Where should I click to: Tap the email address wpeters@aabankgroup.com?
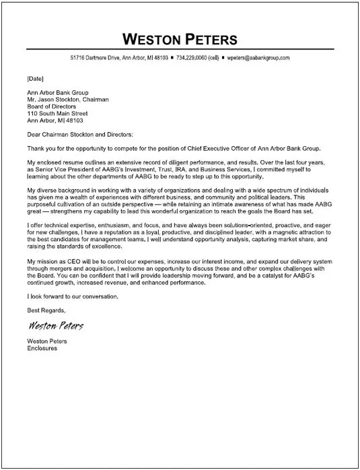tap(257, 59)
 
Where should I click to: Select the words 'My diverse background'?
tap(57, 192)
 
